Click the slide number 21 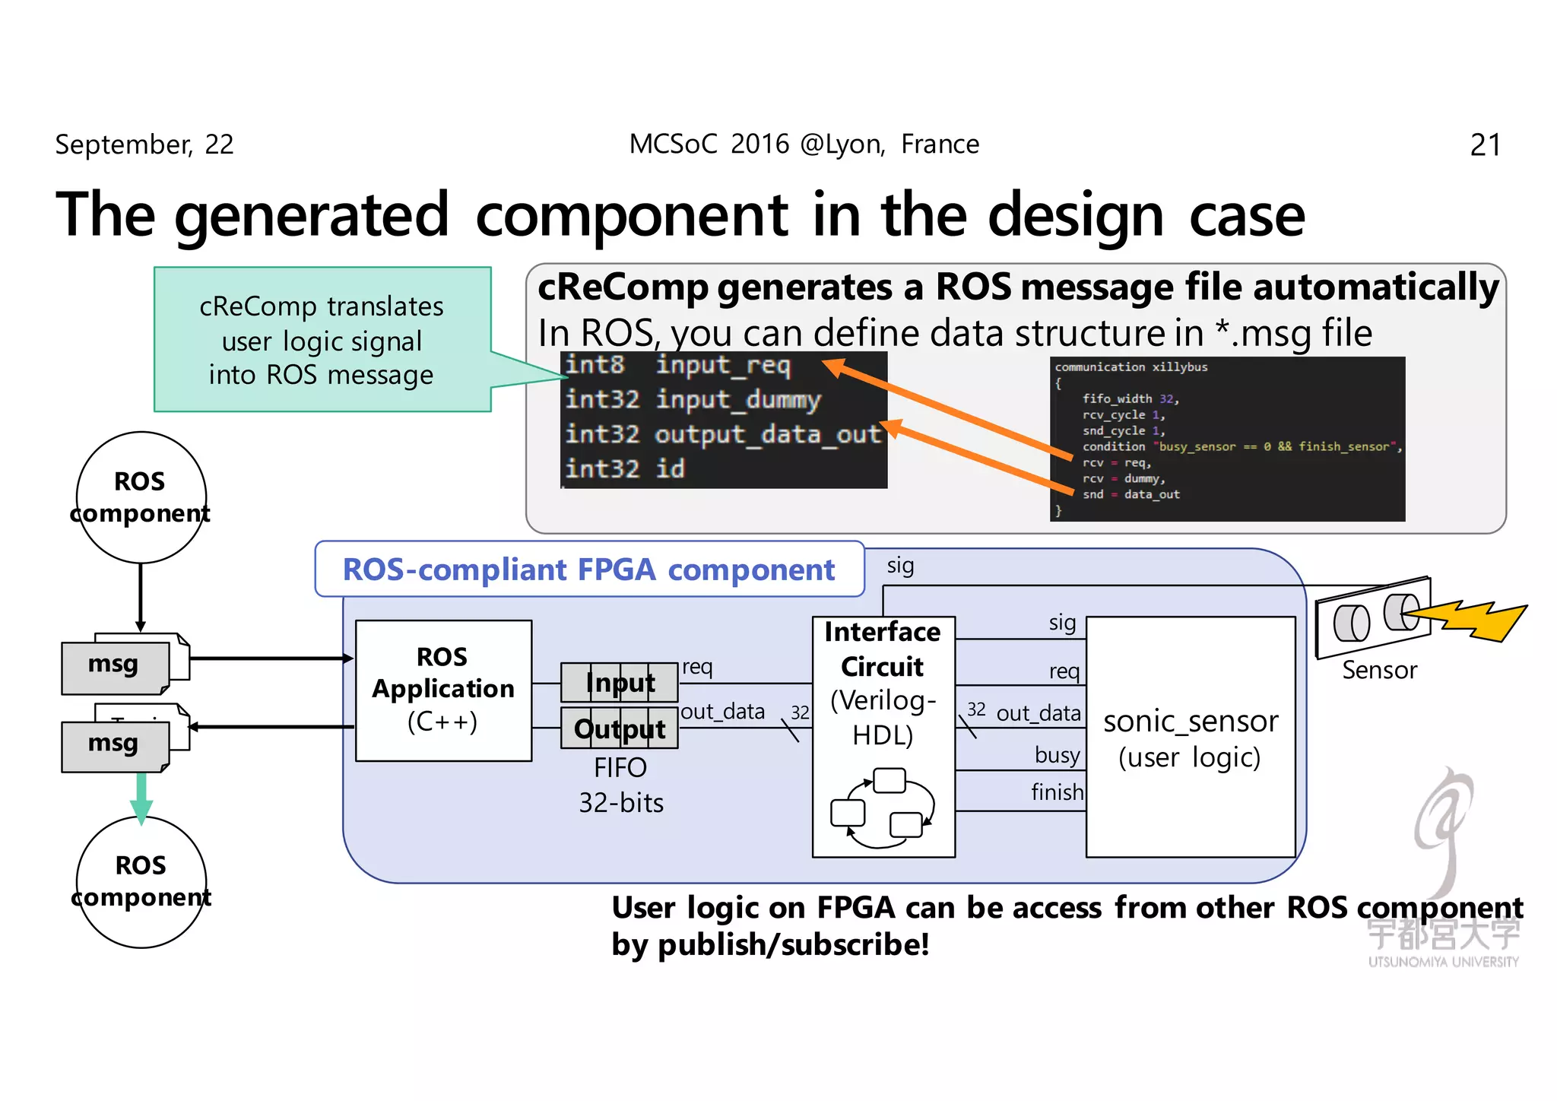(1485, 144)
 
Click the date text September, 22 (144, 144)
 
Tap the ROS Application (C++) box (443, 690)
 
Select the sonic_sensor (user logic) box (1190, 737)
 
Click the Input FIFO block (620, 683)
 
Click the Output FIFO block (620, 728)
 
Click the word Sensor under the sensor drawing (1379, 670)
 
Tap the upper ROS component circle (141, 497)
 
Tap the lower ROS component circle (141, 881)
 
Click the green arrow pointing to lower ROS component (141, 799)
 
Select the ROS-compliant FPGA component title (588, 570)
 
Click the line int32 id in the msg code (625, 468)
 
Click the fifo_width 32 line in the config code (1130, 398)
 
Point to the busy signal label (1057, 754)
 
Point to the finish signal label (1057, 792)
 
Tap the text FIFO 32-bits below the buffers (621, 785)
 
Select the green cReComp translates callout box (322, 340)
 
